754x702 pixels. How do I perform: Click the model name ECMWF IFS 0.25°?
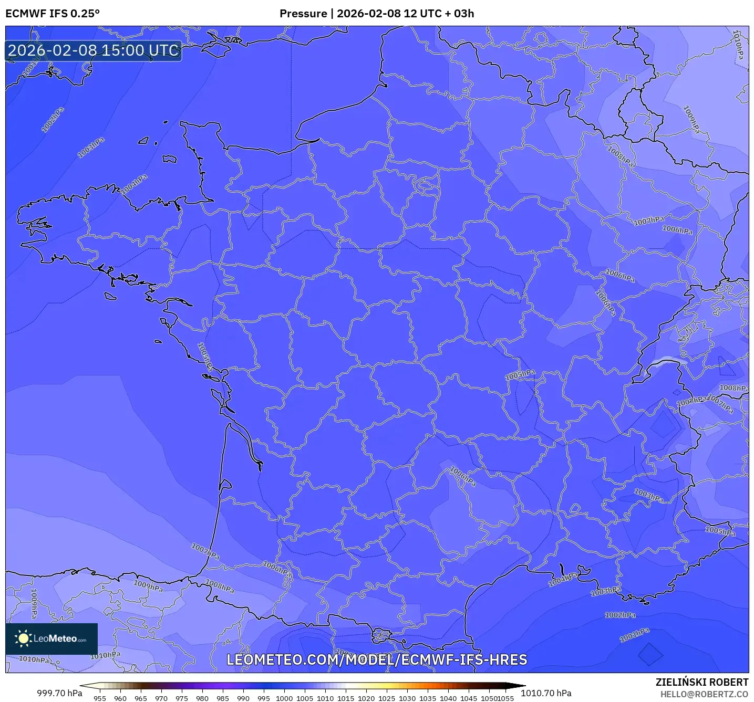[53, 14]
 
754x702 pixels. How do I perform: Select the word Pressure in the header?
[303, 14]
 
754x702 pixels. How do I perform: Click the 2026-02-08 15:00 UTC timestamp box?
[94, 51]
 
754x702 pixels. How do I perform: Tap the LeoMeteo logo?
[51, 638]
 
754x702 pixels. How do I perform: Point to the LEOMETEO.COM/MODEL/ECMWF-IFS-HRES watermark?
[377, 660]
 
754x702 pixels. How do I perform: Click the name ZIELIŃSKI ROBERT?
[701, 682]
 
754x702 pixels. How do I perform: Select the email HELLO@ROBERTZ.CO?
[704, 694]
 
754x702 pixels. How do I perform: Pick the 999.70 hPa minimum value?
[59, 693]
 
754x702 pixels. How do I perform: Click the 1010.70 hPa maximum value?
[546, 693]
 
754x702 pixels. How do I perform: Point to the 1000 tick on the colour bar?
[284, 698]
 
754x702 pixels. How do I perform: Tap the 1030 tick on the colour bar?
[407, 698]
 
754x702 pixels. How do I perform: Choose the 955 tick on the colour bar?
[100, 698]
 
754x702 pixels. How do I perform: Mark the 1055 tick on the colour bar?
[505, 698]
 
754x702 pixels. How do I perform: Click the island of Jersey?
[169, 159]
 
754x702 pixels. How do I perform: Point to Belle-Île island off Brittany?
[110, 296]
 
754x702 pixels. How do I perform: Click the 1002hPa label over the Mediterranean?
[620, 615]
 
